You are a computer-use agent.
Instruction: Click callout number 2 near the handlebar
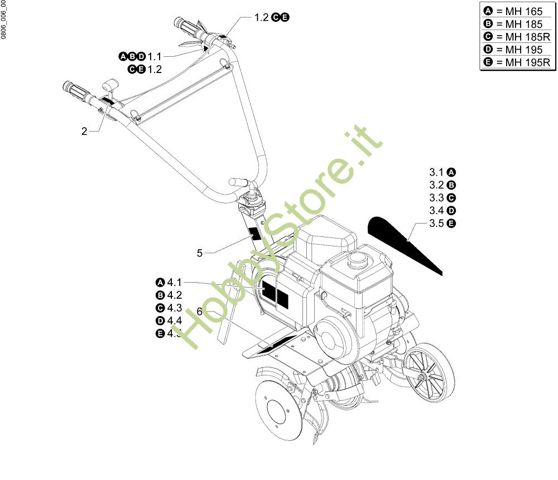(84, 132)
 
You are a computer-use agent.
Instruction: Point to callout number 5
(199, 253)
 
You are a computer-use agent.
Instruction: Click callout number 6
(199, 312)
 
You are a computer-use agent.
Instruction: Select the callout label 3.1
(436, 172)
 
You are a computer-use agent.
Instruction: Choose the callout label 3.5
(436, 224)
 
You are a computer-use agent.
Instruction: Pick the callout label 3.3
(436, 198)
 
